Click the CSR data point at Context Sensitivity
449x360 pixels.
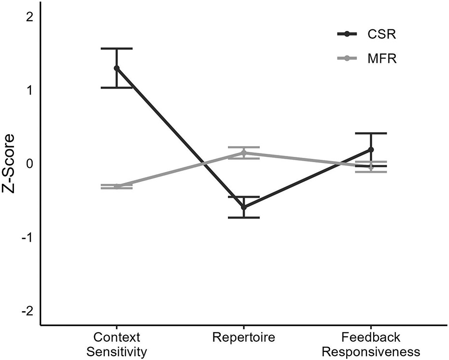click(116, 68)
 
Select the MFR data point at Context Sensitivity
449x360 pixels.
click(116, 186)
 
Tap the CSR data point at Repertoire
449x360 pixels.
click(244, 207)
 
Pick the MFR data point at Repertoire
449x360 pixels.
click(244, 153)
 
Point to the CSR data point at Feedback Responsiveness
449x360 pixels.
click(371, 150)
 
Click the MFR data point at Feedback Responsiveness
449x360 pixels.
click(371, 166)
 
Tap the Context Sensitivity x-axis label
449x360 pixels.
click(116, 344)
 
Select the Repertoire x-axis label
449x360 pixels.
click(244, 336)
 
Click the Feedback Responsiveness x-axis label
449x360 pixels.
click(371, 344)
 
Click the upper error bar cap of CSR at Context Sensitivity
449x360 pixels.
click(116, 49)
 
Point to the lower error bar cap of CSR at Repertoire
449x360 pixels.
click(244, 218)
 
